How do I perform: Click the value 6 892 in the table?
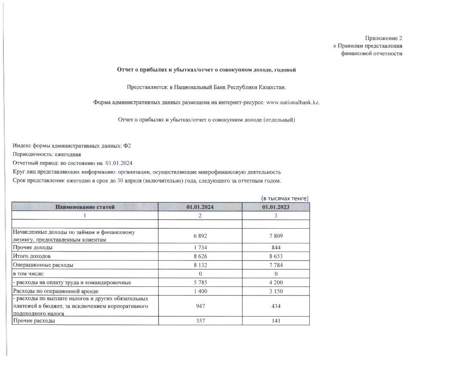click(200, 236)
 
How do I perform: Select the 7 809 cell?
click(276, 236)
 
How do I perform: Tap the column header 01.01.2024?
click(200, 207)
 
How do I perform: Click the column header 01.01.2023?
click(276, 207)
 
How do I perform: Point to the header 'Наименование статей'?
click(85, 207)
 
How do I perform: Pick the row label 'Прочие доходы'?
click(33, 248)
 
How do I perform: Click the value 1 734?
click(200, 248)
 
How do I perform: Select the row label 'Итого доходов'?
click(32, 256)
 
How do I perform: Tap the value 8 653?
click(276, 256)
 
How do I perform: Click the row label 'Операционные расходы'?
click(43, 265)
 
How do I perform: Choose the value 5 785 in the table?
click(200, 283)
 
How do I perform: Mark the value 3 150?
click(276, 291)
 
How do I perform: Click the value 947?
click(200, 306)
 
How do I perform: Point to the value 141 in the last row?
click(276, 321)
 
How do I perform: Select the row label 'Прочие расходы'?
click(34, 321)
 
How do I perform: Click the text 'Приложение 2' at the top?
click(384, 38)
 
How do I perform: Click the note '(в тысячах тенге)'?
click(285, 198)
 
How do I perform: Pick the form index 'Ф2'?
click(127, 146)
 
